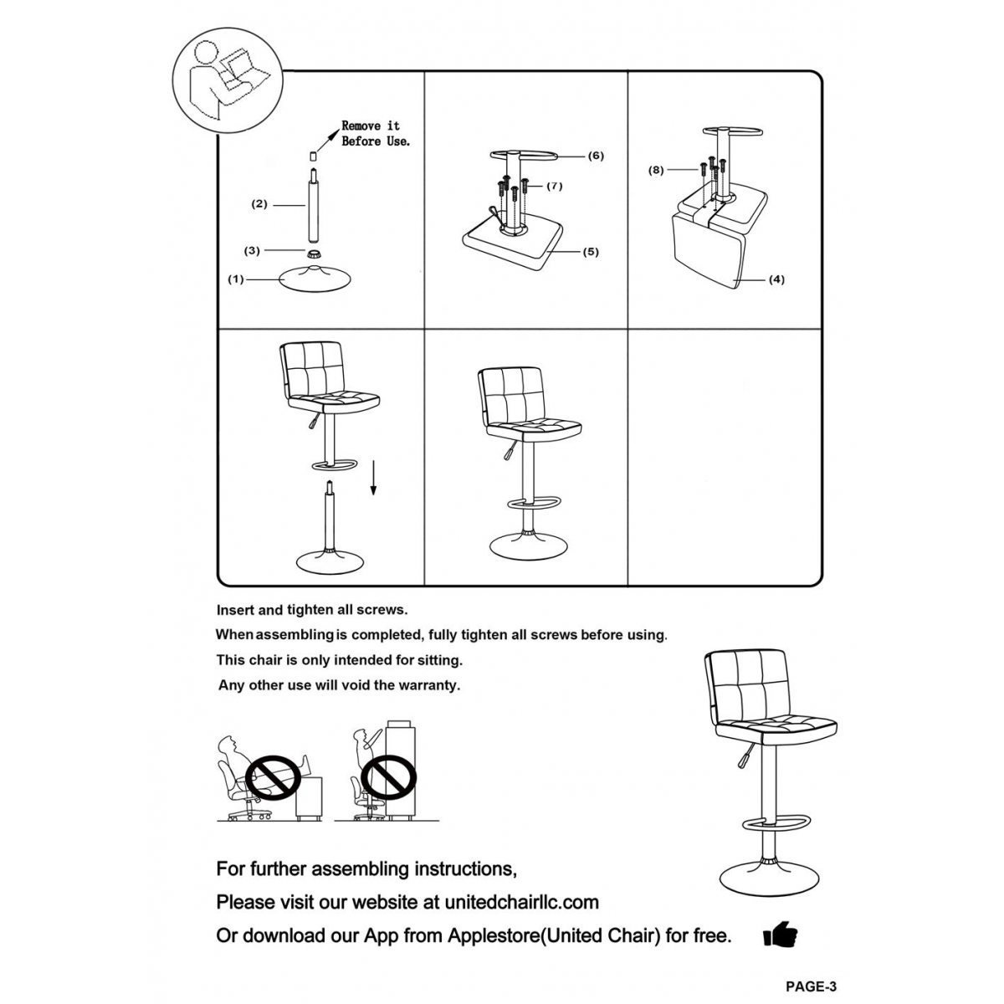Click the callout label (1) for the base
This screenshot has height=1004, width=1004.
pos(236,279)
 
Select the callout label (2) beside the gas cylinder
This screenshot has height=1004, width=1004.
pos(259,204)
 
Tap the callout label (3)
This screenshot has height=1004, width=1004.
pos(252,250)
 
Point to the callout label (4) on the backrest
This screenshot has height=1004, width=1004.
pos(776,279)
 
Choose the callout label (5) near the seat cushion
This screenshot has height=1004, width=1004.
pos(591,252)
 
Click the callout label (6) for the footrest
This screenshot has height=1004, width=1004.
pos(595,156)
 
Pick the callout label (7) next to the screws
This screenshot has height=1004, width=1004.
pos(554,186)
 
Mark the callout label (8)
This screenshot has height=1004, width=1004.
pos(656,170)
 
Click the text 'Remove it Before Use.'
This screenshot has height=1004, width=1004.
pos(375,134)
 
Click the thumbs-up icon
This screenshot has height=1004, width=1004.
pos(780,935)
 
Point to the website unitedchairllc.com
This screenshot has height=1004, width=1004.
pos(521,902)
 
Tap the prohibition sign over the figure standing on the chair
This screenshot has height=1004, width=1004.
pos(389,777)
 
